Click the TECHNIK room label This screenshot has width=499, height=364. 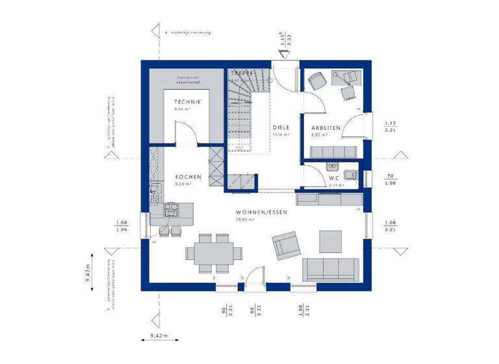(187, 102)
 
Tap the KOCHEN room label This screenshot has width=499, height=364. (188, 177)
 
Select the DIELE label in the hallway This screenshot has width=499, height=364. (280, 128)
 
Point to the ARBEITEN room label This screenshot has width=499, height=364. (326, 128)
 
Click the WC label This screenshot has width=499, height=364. (335, 177)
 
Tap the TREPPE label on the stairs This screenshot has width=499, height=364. (242, 75)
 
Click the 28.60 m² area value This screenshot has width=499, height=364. (245, 220)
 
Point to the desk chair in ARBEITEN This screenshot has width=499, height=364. (317, 81)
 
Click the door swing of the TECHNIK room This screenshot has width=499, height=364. (187, 133)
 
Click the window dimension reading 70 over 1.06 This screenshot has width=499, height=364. (390, 179)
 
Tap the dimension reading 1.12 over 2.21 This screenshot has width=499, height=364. (390, 127)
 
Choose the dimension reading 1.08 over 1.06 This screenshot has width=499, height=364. (121, 226)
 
